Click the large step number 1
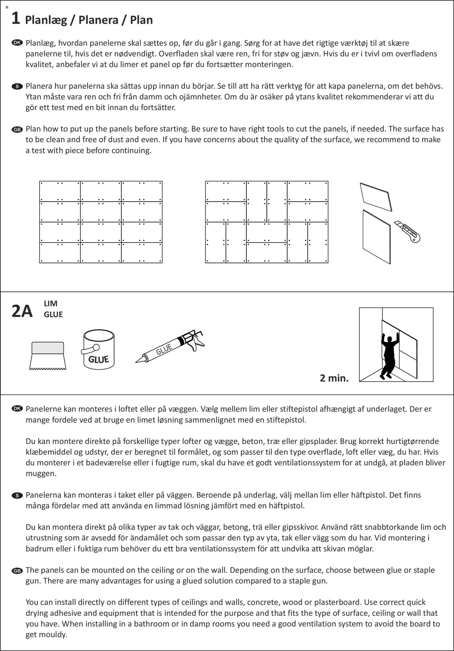pyautogui.click(x=16, y=18)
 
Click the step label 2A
pyautogui.click(x=22, y=311)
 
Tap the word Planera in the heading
pyautogui.click(x=98, y=20)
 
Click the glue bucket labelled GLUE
pyautogui.click(x=99, y=350)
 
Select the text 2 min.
pyautogui.click(x=334, y=378)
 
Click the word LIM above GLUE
pyautogui.click(x=51, y=304)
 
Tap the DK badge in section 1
pyautogui.click(x=17, y=43)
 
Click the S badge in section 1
pyautogui.click(x=17, y=86)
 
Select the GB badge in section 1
pyautogui.click(x=17, y=129)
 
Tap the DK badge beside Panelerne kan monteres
pyautogui.click(x=17, y=409)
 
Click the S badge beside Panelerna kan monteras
pyautogui.click(x=17, y=495)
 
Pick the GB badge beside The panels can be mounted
pyautogui.click(x=17, y=570)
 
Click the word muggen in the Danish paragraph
pyautogui.click(x=41, y=474)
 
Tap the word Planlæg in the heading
pyautogui.click(x=46, y=20)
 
